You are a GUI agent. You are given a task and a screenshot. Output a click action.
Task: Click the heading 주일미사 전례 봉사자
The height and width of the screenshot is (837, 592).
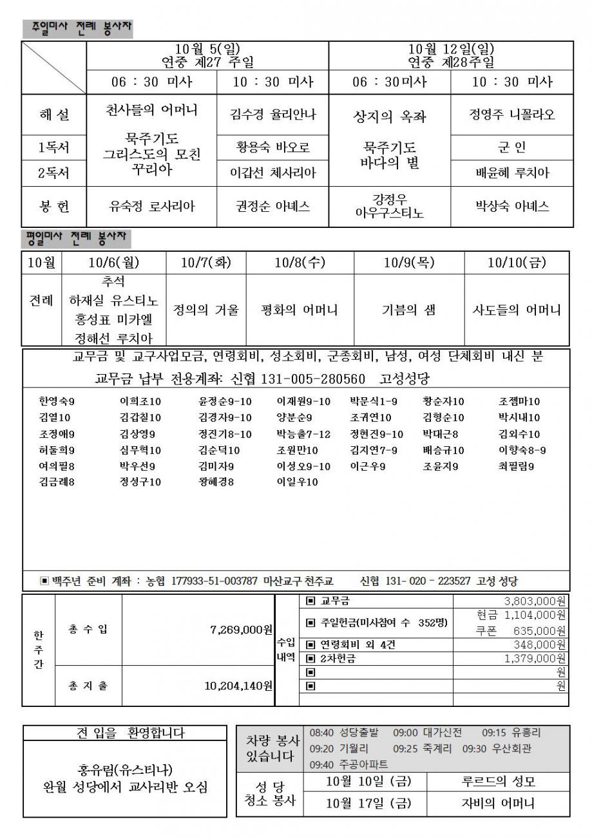click(77, 28)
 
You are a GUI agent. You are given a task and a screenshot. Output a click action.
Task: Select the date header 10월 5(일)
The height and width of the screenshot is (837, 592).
click(207, 49)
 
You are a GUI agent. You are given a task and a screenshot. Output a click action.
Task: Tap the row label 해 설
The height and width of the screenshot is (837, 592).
click(54, 115)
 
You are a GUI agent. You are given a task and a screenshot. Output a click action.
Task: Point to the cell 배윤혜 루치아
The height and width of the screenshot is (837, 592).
click(512, 173)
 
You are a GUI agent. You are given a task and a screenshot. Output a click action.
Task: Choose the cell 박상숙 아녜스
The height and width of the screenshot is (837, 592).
click(512, 206)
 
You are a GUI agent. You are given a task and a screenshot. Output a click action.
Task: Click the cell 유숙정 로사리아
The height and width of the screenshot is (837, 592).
click(152, 206)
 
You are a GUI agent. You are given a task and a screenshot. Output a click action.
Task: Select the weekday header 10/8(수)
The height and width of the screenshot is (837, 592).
click(300, 262)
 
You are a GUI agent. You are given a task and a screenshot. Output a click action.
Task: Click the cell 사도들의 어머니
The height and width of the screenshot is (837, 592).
click(517, 310)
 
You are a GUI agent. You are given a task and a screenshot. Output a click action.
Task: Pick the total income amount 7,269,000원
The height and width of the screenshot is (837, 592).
click(241, 628)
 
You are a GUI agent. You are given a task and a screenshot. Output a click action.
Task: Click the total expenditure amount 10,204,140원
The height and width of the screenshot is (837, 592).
click(238, 686)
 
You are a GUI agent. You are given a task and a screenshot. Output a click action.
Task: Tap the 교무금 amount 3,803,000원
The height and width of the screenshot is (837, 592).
click(535, 601)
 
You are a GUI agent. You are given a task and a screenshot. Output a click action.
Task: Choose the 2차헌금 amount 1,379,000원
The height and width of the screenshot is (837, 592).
click(535, 658)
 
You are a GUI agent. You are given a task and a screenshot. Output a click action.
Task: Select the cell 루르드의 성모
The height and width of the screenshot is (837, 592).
click(499, 782)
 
